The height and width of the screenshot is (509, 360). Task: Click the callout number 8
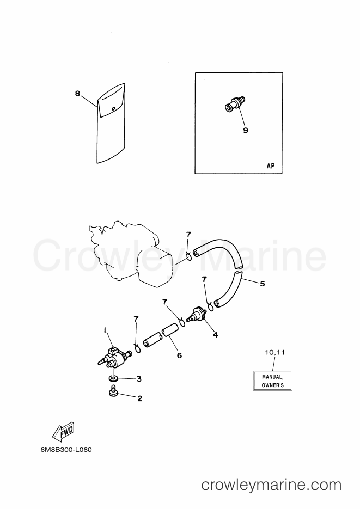[x=77, y=94]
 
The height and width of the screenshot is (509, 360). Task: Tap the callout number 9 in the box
[x=246, y=130]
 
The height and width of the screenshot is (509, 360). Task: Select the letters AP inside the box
[x=270, y=165]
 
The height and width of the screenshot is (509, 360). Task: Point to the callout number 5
[x=263, y=284]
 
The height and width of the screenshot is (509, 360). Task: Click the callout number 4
[x=215, y=335]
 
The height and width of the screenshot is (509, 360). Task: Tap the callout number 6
[x=180, y=355]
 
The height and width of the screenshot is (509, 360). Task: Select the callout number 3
[x=139, y=379]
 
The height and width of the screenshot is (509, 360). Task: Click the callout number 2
[x=139, y=398]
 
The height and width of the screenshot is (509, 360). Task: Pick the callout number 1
[x=105, y=330]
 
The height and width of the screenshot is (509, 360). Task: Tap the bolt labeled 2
[x=114, y=390]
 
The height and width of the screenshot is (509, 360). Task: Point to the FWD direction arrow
[x=64, y=432]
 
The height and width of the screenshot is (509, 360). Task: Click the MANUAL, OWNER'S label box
[x=273, y=381]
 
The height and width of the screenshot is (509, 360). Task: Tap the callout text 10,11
[x=275, y=352]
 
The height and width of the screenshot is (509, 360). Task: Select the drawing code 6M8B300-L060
[x=66, y=450]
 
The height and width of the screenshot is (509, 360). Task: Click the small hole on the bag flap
[x=113, y=109]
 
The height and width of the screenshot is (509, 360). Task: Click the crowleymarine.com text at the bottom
[x=271, y=485]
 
